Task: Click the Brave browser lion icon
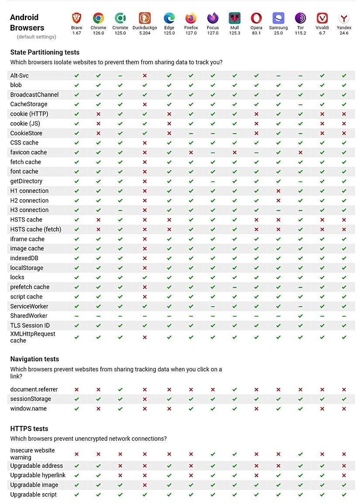pyautogui.click(x=77, y=18)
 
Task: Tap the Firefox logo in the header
pyautogui.click(x=191, y=18)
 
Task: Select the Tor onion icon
pyautogui.click(x=300, y=18)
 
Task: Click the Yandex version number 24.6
pyautogui.click(x=344, y=33)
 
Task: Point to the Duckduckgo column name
pyautogui.click(x=144, y=28)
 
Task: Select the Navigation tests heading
pyautogui.click(x=34, y=359)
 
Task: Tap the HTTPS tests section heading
pyautogui.click(x=29, y=429)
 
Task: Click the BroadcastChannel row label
pyautogui.click(x=34, y=95)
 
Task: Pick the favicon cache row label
pyautogui.click(x=28, y=152)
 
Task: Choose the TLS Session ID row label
pyautogui.click(x=30, y=326)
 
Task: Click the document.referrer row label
pyautogui.click(x=34, y=389)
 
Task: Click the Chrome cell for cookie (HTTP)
pyautogui.click(x=99, y=114)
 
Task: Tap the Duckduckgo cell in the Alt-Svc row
pyautogui.click(x=144, y=75)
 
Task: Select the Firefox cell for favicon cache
pyautogui.click(x=191, y=152)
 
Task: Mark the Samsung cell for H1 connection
pyautogui.click(x=278, y=191)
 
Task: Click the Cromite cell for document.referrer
pyautogui.click(x=120, y=389)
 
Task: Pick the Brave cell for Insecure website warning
pyautogui.click(x=77, y=454)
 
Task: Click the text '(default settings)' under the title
pyautogui.click(x=37, y=37)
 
